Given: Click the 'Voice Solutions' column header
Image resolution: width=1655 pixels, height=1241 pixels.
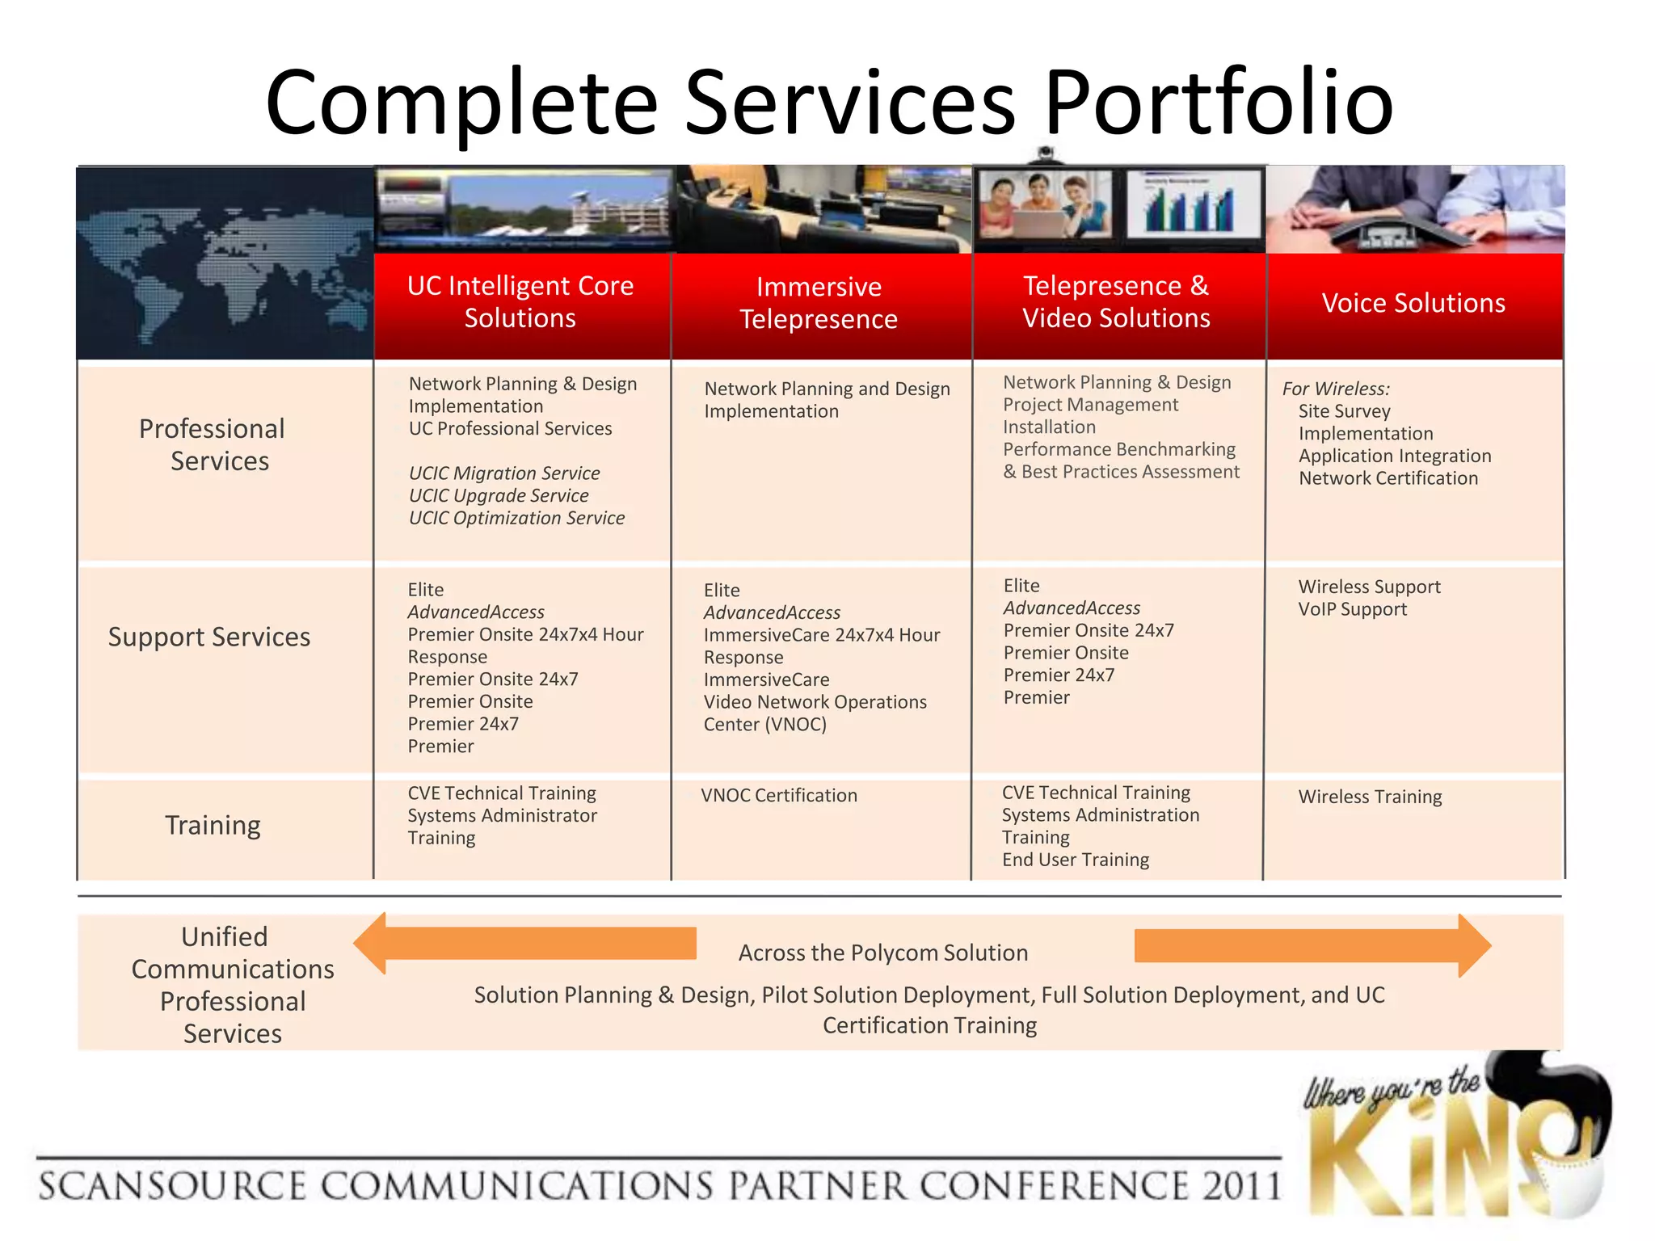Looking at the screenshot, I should (x=1413, y=303).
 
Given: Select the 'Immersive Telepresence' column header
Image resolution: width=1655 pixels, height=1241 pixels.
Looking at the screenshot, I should (x=819, y=303).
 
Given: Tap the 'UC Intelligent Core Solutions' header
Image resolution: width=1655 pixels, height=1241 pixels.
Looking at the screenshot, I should (x=520, y=302).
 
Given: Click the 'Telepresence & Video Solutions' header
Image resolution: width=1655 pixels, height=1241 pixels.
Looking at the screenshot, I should (x=1116, y=302).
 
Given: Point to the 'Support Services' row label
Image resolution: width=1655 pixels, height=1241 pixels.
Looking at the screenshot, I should (x=209, y=637).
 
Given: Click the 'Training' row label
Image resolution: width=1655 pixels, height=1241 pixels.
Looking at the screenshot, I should (x=213, y=825).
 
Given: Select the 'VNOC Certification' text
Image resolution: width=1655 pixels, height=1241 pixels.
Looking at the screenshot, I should (x=779, y=795).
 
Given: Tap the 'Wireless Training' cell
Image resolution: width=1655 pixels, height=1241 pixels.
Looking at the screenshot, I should (x=1370, y=797).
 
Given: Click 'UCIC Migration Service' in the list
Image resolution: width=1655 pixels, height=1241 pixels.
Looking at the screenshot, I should (x=504, y=473).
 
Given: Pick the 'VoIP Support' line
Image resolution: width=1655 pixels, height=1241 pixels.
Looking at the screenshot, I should (x=1352, y=609).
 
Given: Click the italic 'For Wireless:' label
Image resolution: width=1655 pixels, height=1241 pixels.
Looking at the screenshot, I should (x=1335, y=389).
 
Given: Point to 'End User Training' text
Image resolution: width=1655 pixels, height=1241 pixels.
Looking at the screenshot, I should (x=1076, y=860).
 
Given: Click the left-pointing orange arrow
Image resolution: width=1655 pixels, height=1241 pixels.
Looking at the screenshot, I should (x=525, y=944).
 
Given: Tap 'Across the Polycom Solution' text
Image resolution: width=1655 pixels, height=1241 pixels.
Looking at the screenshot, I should (x=882, y=953).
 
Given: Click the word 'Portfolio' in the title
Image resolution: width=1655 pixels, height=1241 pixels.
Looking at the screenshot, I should (x=1219, y=103).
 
